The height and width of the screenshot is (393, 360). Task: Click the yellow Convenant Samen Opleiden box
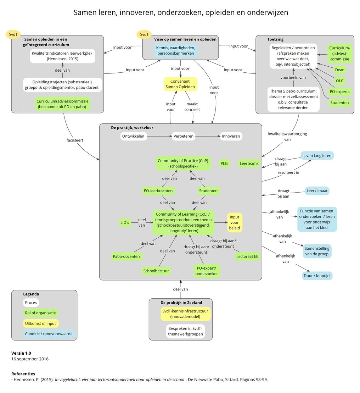(x=181, y=84)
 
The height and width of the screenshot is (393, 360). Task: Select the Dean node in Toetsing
(x=339, y=70)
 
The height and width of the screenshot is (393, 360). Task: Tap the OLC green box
(x=339, y=81)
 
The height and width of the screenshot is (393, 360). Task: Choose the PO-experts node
(x=339, y=92)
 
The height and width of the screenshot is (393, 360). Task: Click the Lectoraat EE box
(x=247, y=256)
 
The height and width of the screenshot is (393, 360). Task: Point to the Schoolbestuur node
(x=156, y=271)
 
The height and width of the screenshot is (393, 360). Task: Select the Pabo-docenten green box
(x=126, y=256)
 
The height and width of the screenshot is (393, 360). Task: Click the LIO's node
(x=125, y=222)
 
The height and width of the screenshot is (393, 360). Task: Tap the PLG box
(x=224, y=164)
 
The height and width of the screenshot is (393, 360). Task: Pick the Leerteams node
(x=249, y=164)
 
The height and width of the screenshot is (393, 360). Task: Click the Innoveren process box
(x=231, y=136)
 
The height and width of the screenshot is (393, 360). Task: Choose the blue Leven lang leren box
(x=317, y=155)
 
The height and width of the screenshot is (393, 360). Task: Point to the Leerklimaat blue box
(x=317, y=191)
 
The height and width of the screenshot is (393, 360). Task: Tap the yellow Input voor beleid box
(x=235, y=223)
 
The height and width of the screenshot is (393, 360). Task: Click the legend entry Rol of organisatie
(x=40, y=313)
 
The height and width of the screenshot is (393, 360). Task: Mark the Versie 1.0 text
(x=21, y=353)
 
